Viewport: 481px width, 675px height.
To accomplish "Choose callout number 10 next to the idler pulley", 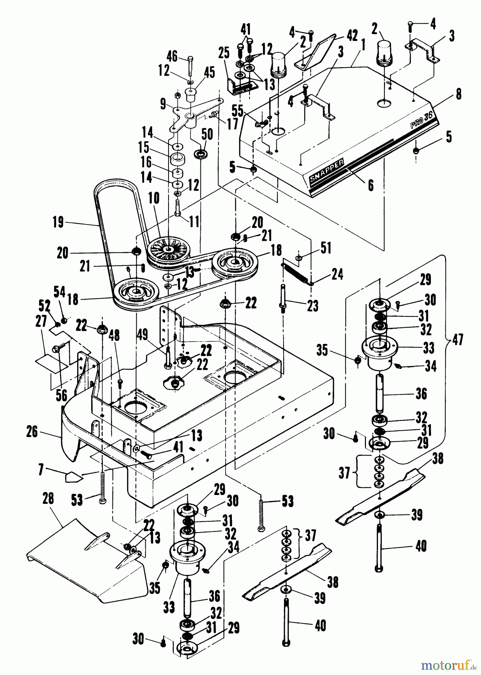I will [x=154, y=198].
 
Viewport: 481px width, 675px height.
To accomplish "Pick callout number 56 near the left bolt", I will [x=61, y=395].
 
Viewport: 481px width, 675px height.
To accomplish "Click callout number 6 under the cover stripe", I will [x=370, y=186].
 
